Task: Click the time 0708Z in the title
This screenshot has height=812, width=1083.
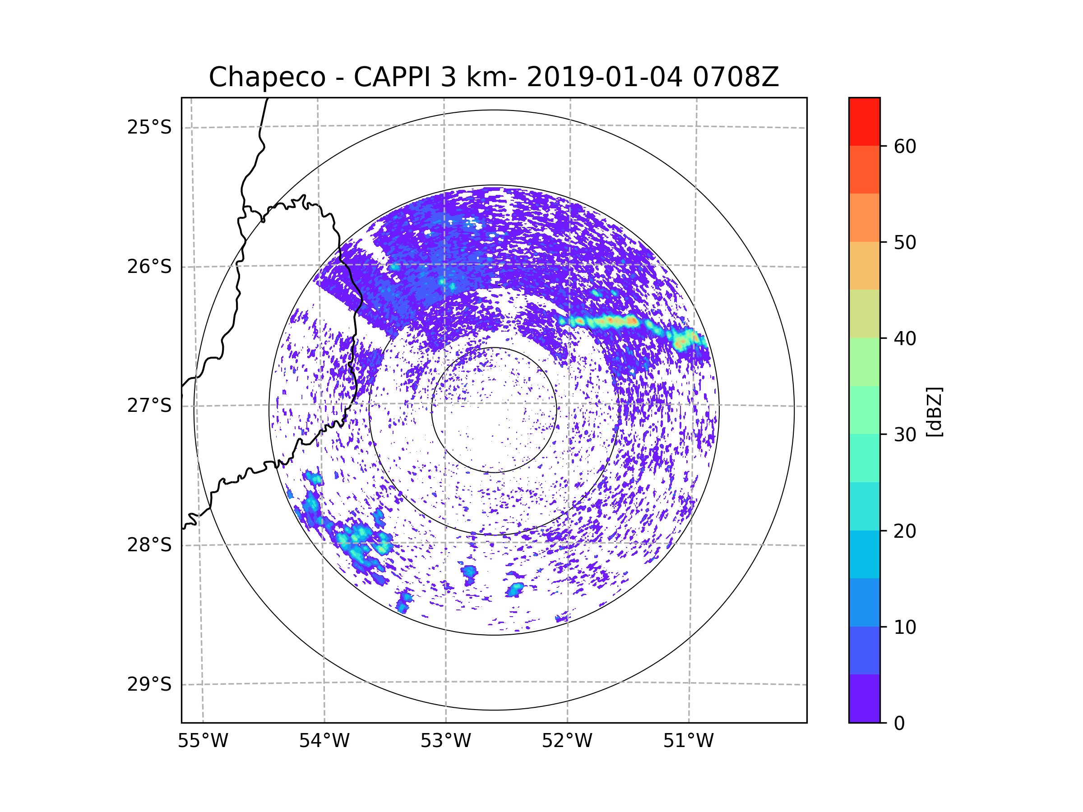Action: click(736, 77)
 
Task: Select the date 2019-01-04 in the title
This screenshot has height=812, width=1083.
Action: click(604, 77)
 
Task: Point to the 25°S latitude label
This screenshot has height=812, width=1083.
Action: click(149, 127)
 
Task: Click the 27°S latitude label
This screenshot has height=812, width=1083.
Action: click(149, 406)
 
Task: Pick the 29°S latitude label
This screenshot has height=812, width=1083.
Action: click(149, 684)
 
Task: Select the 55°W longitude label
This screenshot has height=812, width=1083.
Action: click(203, 741)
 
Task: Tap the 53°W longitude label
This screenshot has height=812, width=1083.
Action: click(445, 741)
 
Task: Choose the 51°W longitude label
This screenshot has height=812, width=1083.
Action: click(688, 741)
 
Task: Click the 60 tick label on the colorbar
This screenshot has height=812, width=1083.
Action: click(905, 146)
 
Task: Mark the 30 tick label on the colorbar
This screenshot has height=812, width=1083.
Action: click(905, 434)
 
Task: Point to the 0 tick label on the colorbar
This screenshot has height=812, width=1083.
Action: click(899, 724)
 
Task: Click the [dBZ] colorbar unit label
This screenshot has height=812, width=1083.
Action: click(934, 411)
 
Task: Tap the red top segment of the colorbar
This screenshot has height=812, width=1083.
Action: click(864, 121)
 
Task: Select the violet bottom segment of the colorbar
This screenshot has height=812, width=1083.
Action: click(864, 698)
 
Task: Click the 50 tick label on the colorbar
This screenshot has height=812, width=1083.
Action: click(905, 242)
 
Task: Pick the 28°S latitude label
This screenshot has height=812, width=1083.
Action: click(149, 545)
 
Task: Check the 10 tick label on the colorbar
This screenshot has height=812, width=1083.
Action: click(905, 627)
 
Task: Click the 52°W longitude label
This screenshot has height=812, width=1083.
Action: click(567, 741)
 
